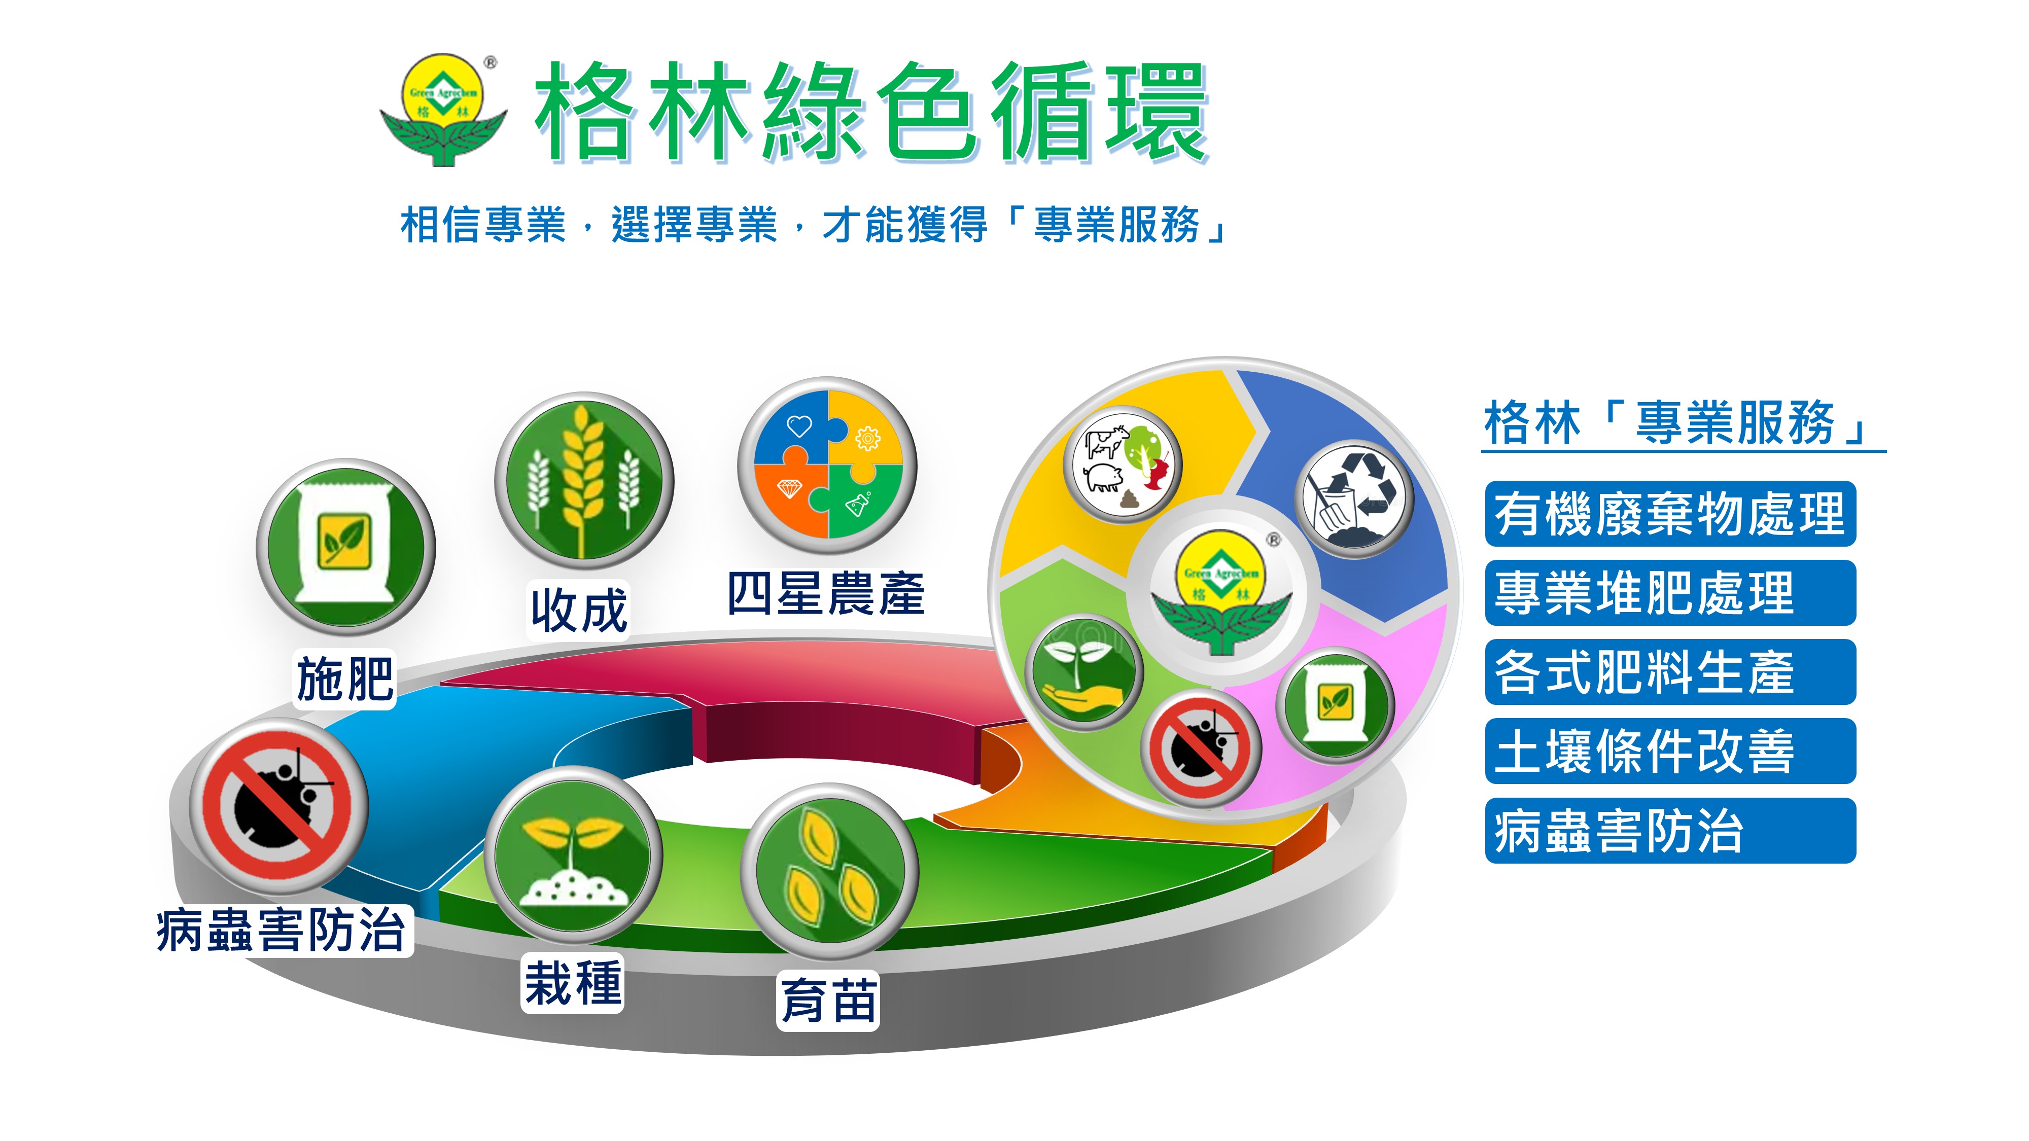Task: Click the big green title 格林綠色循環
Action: (871, 112)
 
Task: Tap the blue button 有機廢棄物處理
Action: (1670, 513)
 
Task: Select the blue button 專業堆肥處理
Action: (1670, 593)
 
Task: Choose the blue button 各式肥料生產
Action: (1670, 672)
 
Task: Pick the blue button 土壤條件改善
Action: (1670, 751)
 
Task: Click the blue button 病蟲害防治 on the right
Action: (1670, 830)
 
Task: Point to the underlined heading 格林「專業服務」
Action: (1683, 423)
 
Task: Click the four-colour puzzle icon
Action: (827, 464)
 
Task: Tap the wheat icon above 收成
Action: (584, 480)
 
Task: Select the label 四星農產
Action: (825, 594)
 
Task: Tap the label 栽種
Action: (573, 983)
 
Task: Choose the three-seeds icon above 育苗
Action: (829, 871)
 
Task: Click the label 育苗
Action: (828, 1000)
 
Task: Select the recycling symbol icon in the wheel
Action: (1355, 498)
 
